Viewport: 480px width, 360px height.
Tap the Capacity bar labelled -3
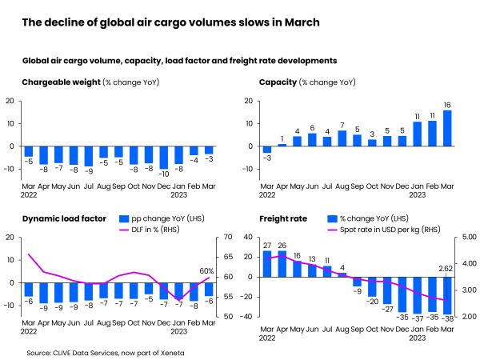point(266,150)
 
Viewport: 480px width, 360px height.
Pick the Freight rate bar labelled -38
point(446,295)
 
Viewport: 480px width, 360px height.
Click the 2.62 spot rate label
point(446,269)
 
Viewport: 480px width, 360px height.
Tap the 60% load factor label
point(206,271)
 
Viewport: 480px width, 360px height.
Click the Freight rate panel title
point(280,218)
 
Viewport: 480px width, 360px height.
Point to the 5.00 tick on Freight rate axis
point(467,238)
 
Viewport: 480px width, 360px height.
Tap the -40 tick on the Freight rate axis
point(250,317)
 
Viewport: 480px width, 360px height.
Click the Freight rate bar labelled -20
point(372,286)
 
